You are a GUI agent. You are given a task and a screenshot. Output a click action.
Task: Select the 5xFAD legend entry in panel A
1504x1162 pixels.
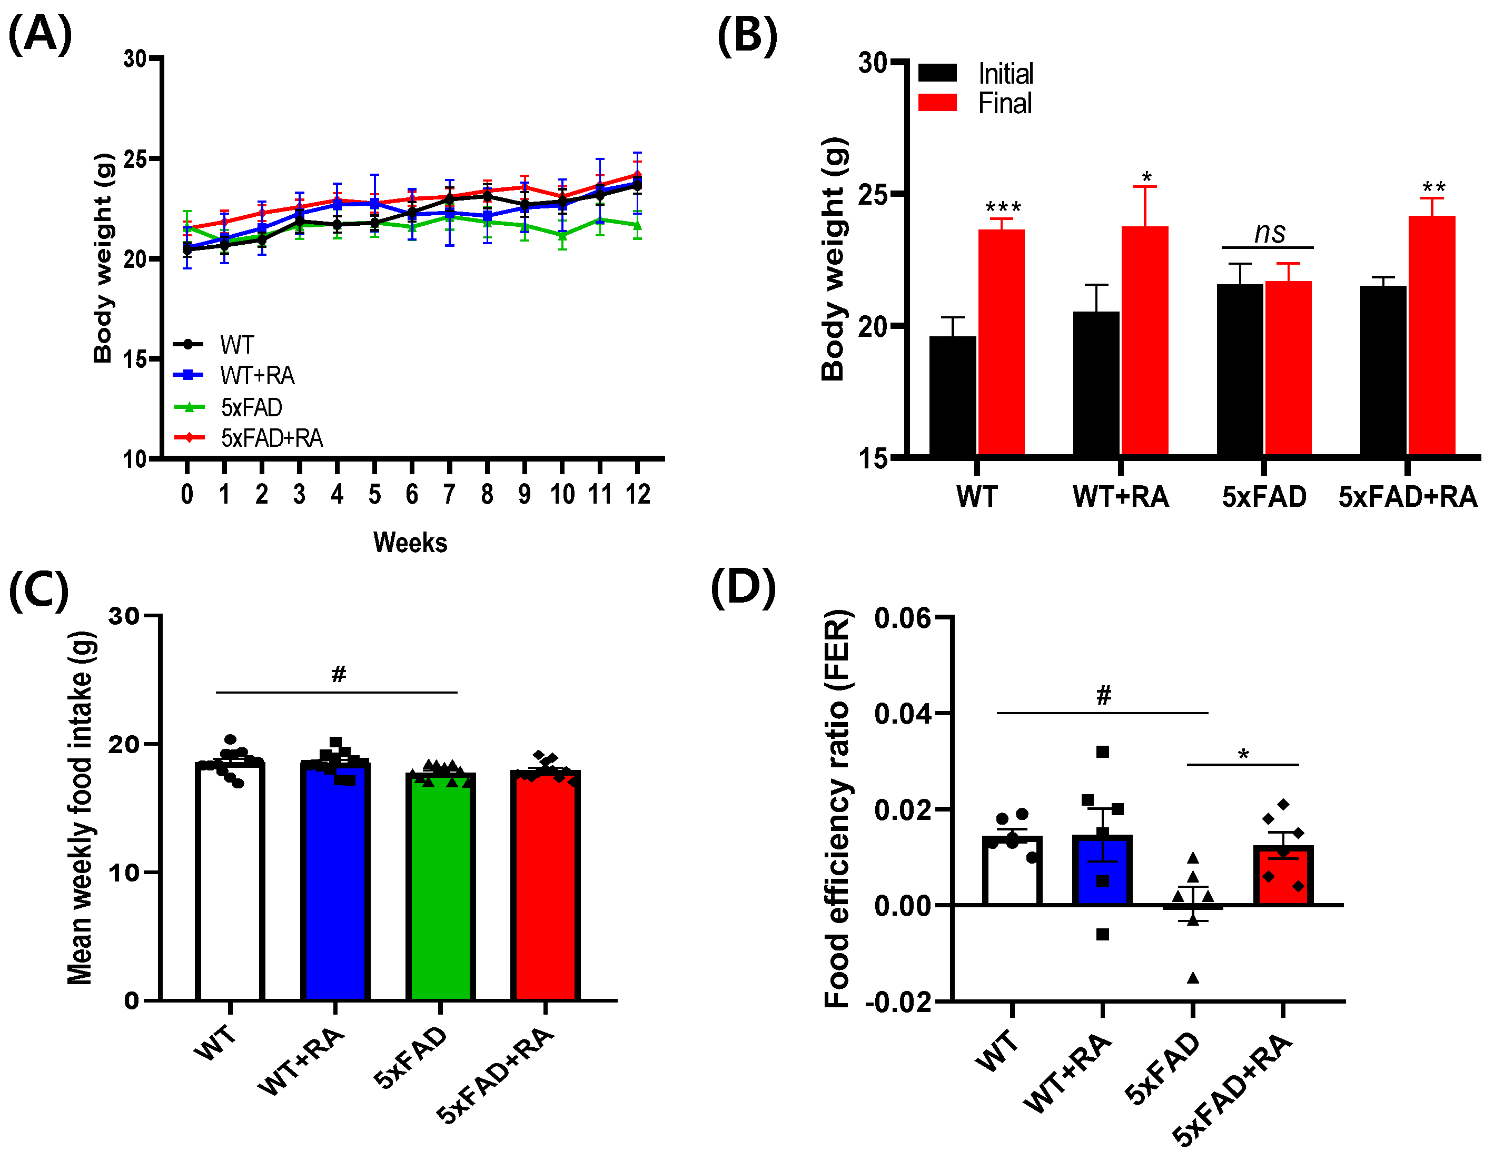tap(251, 407)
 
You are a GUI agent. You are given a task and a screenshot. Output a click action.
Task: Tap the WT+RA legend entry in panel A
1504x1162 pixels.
tap(256, 376)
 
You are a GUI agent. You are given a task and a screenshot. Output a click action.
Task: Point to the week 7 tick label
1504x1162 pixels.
tap(449, 494)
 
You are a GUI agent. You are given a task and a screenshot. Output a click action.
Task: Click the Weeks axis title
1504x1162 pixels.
tap(410, 543)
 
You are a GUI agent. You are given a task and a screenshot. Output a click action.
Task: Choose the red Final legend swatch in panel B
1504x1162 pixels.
tap(937, 103)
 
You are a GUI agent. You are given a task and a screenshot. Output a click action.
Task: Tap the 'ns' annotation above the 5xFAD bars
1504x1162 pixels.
tap(1269, 233)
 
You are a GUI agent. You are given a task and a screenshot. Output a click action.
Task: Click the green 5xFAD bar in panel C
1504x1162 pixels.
tap(441, 888)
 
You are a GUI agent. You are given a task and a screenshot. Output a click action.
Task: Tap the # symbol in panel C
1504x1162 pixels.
tap(338, 674)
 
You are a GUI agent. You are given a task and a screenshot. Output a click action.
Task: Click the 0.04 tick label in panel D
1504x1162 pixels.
tap(902, 714)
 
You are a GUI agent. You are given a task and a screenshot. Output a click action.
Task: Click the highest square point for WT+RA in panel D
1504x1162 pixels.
tap(1103, 752)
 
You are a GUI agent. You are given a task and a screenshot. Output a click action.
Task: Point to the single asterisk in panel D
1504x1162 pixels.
tap(1243, 755)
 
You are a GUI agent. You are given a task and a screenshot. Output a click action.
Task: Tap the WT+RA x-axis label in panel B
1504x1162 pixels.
tap(1121, 497)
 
